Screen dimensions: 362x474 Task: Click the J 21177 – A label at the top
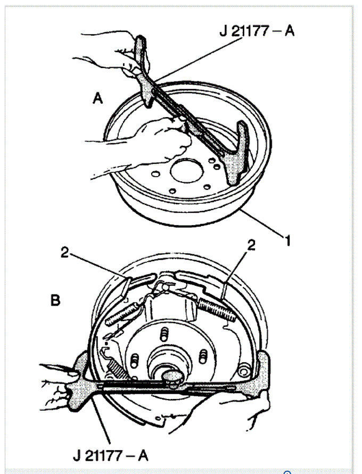[257, 30]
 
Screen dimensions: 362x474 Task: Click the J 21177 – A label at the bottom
[111, 455]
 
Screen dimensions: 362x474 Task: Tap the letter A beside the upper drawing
[97, 98]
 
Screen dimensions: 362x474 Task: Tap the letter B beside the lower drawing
[55, 300]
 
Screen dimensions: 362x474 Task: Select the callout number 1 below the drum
[287, 240]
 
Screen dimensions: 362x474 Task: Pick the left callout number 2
[65, 252]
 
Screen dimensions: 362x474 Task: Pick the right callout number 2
[251, 245]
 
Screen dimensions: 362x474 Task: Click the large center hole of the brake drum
[186, 170]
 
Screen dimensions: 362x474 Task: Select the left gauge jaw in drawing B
[79, 381]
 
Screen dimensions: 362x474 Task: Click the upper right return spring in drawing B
[217, 309]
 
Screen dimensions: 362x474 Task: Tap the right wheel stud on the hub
[203, 356]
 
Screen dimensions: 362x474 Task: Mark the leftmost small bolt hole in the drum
[155, 174]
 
